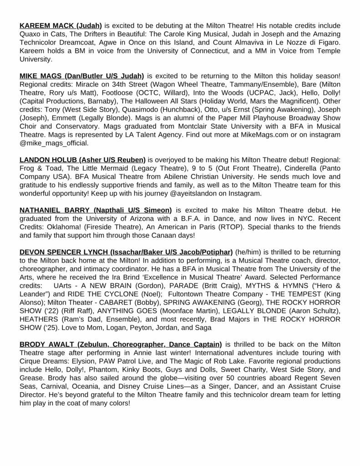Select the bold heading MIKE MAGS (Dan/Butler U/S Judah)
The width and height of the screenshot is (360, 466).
81,76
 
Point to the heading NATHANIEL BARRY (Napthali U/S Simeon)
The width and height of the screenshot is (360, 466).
96,210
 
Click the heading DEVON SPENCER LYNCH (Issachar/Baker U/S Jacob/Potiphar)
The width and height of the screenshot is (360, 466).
126,252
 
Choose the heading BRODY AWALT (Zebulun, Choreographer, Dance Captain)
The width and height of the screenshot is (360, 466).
121,344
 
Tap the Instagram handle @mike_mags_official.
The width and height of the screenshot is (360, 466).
54,143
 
